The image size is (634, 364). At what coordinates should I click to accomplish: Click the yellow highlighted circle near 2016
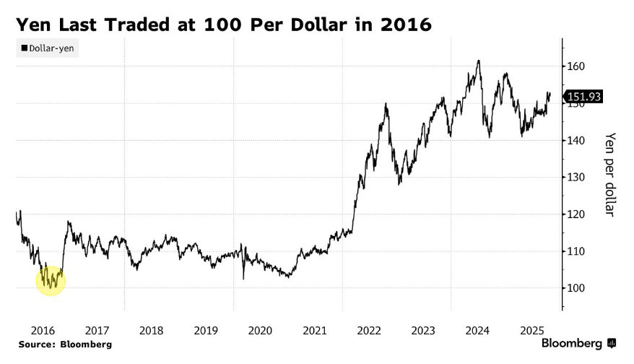pyautogui.click(x=51, y=279)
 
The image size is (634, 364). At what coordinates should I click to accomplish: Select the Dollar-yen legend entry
pyautogui.click(x=48, y=48)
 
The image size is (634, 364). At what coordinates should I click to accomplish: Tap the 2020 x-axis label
pyautogui.click(x=261, y=330)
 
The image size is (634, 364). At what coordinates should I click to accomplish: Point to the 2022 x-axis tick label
pyautogui.click(x=369, y=330)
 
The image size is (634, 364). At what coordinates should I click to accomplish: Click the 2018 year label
pyautogui.click(x=152, y=330)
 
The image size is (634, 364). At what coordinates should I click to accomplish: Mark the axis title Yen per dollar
pyautogui.click(x=609, y=174)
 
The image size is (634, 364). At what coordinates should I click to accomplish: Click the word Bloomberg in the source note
pyautogui.click(x=87, y=344)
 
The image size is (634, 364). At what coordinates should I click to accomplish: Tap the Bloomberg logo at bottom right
pyautogui.click(x=578, y=342)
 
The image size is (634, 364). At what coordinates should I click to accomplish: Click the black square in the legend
pyautogui.click(x=23, y=48)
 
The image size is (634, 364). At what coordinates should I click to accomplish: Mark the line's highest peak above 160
pyautogui.click(x=478, y=61)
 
